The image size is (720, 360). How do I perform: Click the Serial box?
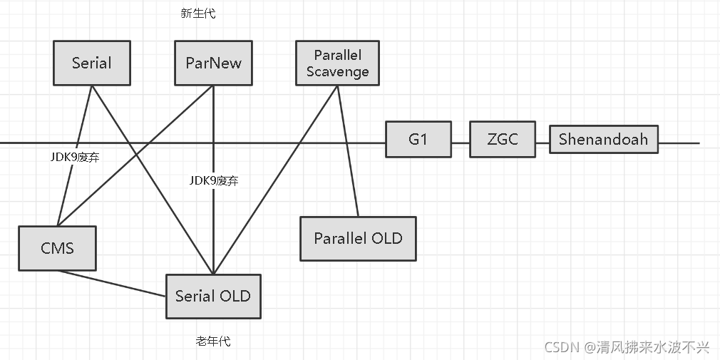(x=91, y=63)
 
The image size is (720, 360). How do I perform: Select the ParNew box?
(x=213, y=63)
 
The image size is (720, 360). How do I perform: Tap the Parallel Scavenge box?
(x=337, y=63)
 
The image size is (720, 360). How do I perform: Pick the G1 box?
(x=418, y=138)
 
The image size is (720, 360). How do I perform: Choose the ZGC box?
(x=502, y=138)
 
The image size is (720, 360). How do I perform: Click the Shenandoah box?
(x=603, y=138)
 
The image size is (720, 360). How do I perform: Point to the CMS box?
(x=57, y=248)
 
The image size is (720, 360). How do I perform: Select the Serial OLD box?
(x=213, y=295)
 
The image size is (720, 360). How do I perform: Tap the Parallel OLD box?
(x=358, y=238)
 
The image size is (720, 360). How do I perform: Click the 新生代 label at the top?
(x=198, y=14)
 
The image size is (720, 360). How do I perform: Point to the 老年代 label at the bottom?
(x=212, y=341)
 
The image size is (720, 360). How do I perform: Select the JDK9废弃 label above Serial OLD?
(x=214, y=181)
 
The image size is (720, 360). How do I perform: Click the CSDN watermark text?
(x=627, y=347)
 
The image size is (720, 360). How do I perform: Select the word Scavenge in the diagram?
(x=338, y=71)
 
